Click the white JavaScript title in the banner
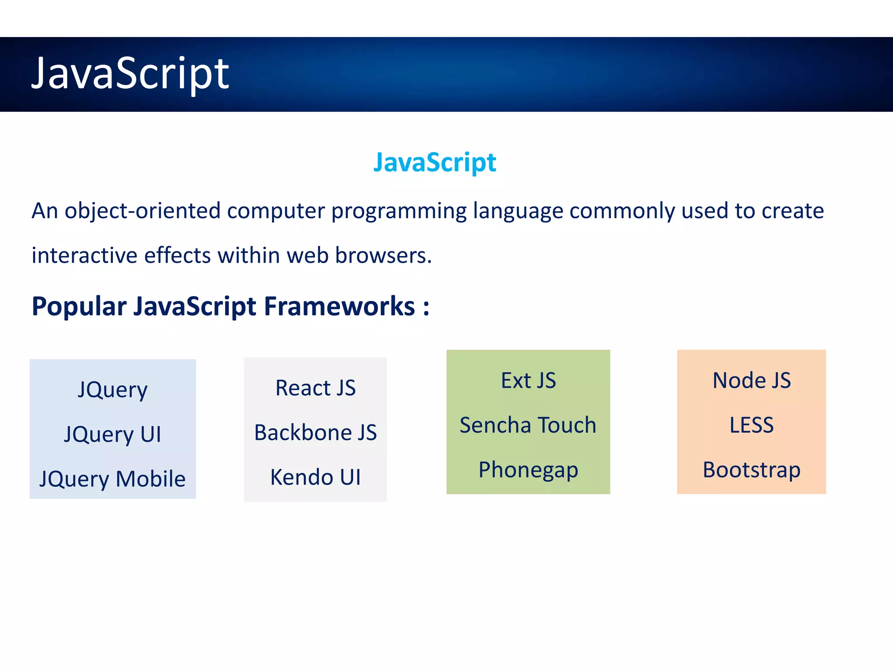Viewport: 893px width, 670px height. (x=130, y=73)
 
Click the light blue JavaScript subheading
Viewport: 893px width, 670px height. (x=435, y=162)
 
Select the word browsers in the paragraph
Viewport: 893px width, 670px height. (x=383, y=256)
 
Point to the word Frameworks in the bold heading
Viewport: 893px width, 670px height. (x=339, y=306)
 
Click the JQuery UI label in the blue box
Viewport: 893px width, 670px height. (x=112, y=434)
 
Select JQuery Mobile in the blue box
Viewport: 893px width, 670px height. (x=112, y=479)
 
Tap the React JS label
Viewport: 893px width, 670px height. (x=315, y=388)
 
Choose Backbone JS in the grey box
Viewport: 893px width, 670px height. (x=315, y=433)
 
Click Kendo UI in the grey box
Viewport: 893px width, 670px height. (x=315, y=477)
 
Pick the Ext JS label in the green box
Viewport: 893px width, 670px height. (x=528, y=380)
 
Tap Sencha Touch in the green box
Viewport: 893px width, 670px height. (x=528, y=425)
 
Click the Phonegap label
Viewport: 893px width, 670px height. (x=528, y=470)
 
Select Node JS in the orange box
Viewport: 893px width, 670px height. (x=751, y=380)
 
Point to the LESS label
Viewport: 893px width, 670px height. (x=751, y=425)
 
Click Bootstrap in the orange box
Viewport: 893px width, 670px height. (x=751, y=470)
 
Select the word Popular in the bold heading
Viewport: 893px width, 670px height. (x=79, y=307)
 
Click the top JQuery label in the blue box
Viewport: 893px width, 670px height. (x=112, y=390)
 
